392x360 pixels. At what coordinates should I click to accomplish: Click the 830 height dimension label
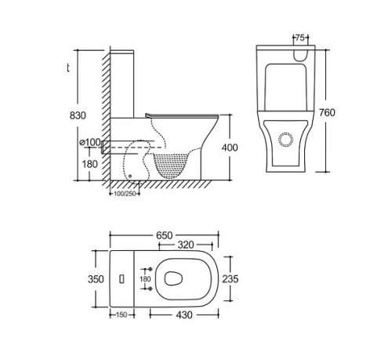(x=78, y=115)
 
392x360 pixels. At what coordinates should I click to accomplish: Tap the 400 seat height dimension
(x=230, y=147)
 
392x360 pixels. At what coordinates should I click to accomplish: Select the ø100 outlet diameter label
(x=90, y=142)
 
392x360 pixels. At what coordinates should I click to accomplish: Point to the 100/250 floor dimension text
(x=125, y=194)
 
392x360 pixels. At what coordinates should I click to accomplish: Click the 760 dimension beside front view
(x=327, y=113)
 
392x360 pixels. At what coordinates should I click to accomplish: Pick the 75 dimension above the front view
(x=300, y=38)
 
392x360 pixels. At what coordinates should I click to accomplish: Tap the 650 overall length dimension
(x=165, y=235)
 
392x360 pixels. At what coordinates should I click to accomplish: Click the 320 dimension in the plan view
(x=186, y=245)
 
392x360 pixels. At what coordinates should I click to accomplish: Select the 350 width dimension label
(x=96, y=279)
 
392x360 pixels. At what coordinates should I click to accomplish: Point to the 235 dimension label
(x=230, y=279)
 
